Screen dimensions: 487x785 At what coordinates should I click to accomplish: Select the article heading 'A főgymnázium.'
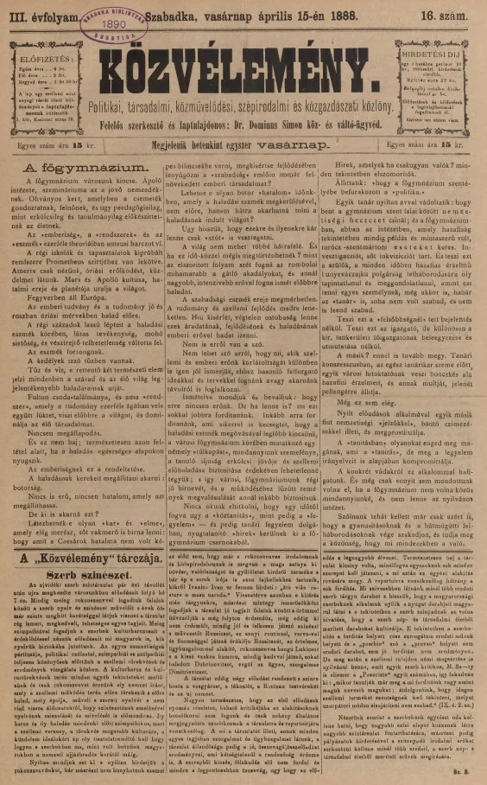click(x=77, y=164)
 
